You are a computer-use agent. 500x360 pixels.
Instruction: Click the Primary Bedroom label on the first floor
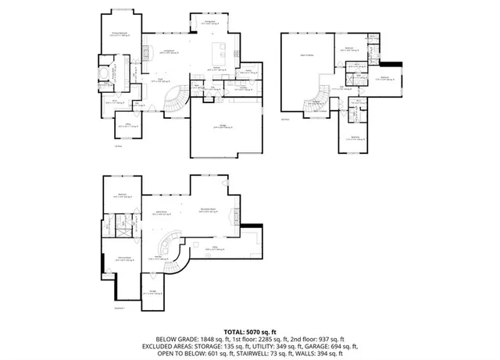tap(119, 34)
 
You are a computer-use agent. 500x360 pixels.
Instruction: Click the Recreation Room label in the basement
tap(209, 212)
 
